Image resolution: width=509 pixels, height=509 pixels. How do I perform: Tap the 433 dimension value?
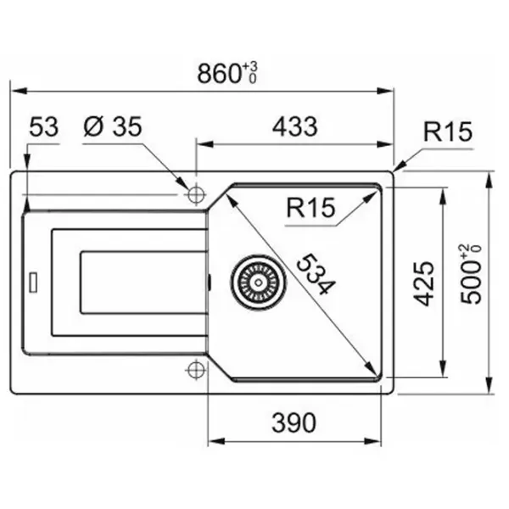[294, 126]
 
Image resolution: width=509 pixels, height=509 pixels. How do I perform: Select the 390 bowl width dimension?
[294, 422]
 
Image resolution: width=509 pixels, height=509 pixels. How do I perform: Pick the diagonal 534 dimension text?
[316, 275]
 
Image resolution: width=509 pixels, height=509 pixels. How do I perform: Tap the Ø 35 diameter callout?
[113, 126]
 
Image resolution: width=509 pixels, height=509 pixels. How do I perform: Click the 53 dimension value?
[44, 126]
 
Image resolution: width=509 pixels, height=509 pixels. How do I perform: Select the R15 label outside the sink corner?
[448, 131]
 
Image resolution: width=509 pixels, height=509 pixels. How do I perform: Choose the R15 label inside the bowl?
[310, 208]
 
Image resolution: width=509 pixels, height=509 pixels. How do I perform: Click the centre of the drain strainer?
[259, 282]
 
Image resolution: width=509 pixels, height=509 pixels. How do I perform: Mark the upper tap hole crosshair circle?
[195, 195]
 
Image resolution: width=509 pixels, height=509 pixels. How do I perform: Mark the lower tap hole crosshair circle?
[195, 369]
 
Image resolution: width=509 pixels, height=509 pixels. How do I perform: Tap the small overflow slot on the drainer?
[33, 282]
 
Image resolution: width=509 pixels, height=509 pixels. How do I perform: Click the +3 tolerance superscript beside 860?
[250, 67]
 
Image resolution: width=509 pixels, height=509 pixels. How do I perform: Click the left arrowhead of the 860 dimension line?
[20, 91]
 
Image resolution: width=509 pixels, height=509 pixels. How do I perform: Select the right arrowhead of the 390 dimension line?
[372, 441]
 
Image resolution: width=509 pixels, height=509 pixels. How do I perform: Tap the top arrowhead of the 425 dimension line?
[442, 196]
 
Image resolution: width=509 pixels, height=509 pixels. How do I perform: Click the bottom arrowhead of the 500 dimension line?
[489, 385]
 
